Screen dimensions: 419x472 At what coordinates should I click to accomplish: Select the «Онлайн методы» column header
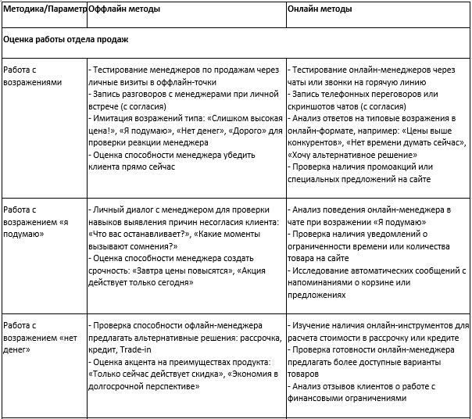(x=319, y=9)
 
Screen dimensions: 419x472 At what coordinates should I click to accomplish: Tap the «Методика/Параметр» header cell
(x=43, y=9)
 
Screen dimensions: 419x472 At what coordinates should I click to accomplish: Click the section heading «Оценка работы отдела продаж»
(x=66, y=38)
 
